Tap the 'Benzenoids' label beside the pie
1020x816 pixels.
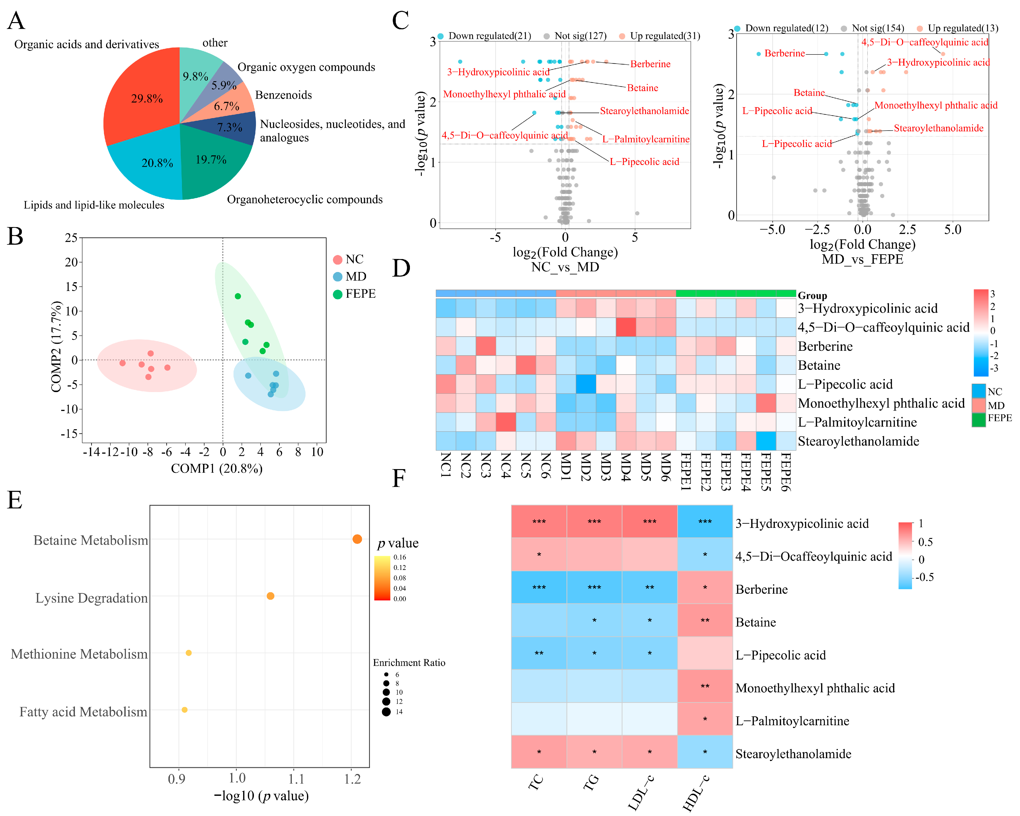point(283,95)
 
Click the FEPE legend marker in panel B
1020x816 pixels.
point(337,294)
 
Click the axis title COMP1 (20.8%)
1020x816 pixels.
point(217,469)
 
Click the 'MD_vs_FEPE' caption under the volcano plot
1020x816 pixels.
point(863,259)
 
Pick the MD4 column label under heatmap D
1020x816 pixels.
point(625,466)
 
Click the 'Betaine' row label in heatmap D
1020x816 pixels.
point(819,365)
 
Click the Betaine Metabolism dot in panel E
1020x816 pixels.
point(357,539)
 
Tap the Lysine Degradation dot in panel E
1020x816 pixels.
point(270,596)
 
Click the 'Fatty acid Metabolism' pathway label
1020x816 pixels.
point(83,712)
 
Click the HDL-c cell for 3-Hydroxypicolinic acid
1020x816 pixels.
point(705,522)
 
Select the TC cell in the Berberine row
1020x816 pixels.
point(539,587)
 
